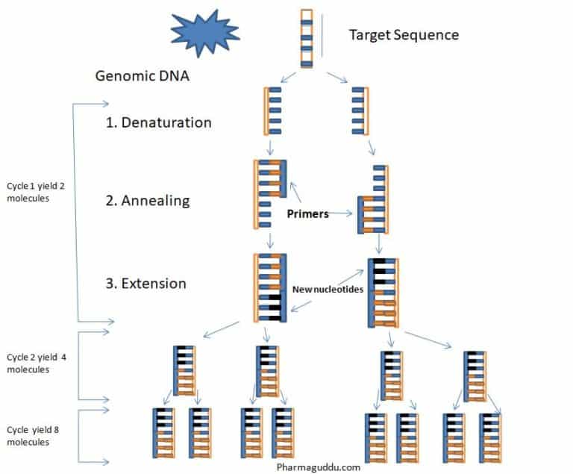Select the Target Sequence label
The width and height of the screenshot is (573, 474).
(404, 34)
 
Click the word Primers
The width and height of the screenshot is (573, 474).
(307, 213)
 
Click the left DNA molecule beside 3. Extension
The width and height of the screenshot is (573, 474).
(269, 288)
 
